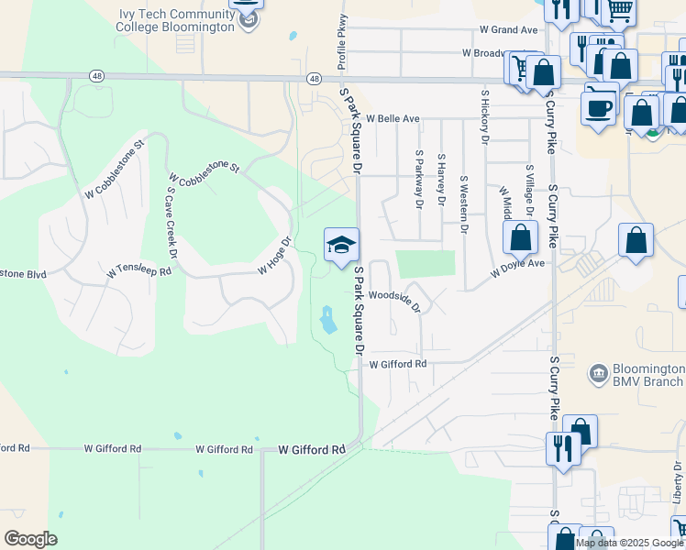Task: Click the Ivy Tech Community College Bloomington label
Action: coord(177,20)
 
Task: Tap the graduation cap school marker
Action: coord(341,245)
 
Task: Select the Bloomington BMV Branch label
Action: coord(647,374)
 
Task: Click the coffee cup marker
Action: coord(600,108)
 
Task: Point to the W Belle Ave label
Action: coord(393,119)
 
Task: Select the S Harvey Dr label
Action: coord(441,179)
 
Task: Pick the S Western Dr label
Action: coord(463,204)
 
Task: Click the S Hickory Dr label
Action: coord(485,116)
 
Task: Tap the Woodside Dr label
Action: coord(394,300)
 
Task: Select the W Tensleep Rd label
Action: coord(139,271)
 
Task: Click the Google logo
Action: coord(30,539)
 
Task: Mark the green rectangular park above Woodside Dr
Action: coord(425,263)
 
